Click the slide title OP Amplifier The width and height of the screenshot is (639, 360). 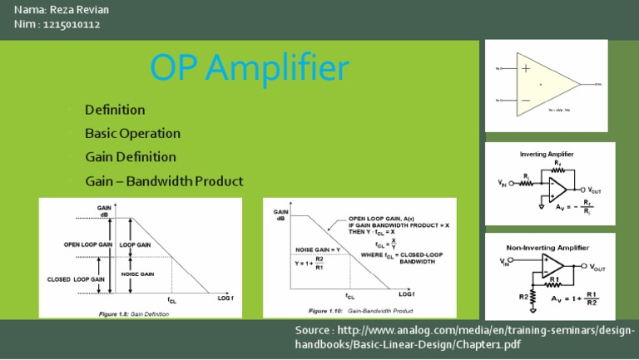249,67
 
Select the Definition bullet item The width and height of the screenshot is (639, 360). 115,110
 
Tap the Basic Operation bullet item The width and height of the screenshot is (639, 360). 132,133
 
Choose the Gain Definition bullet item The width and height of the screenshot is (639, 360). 131,156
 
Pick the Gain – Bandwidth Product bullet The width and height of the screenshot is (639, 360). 164,180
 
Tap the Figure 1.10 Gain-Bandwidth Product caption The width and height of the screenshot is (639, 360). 360,310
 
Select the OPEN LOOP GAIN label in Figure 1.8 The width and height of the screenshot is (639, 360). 87,245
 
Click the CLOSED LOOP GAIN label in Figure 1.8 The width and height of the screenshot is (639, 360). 77,279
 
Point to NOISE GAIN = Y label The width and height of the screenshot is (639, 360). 318,249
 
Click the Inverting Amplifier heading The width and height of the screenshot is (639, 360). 546,154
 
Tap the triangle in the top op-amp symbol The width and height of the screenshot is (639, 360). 545,84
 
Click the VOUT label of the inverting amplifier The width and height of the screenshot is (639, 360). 601,190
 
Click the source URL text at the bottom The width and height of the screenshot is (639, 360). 465,337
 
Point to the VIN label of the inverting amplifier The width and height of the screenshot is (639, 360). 505,183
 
